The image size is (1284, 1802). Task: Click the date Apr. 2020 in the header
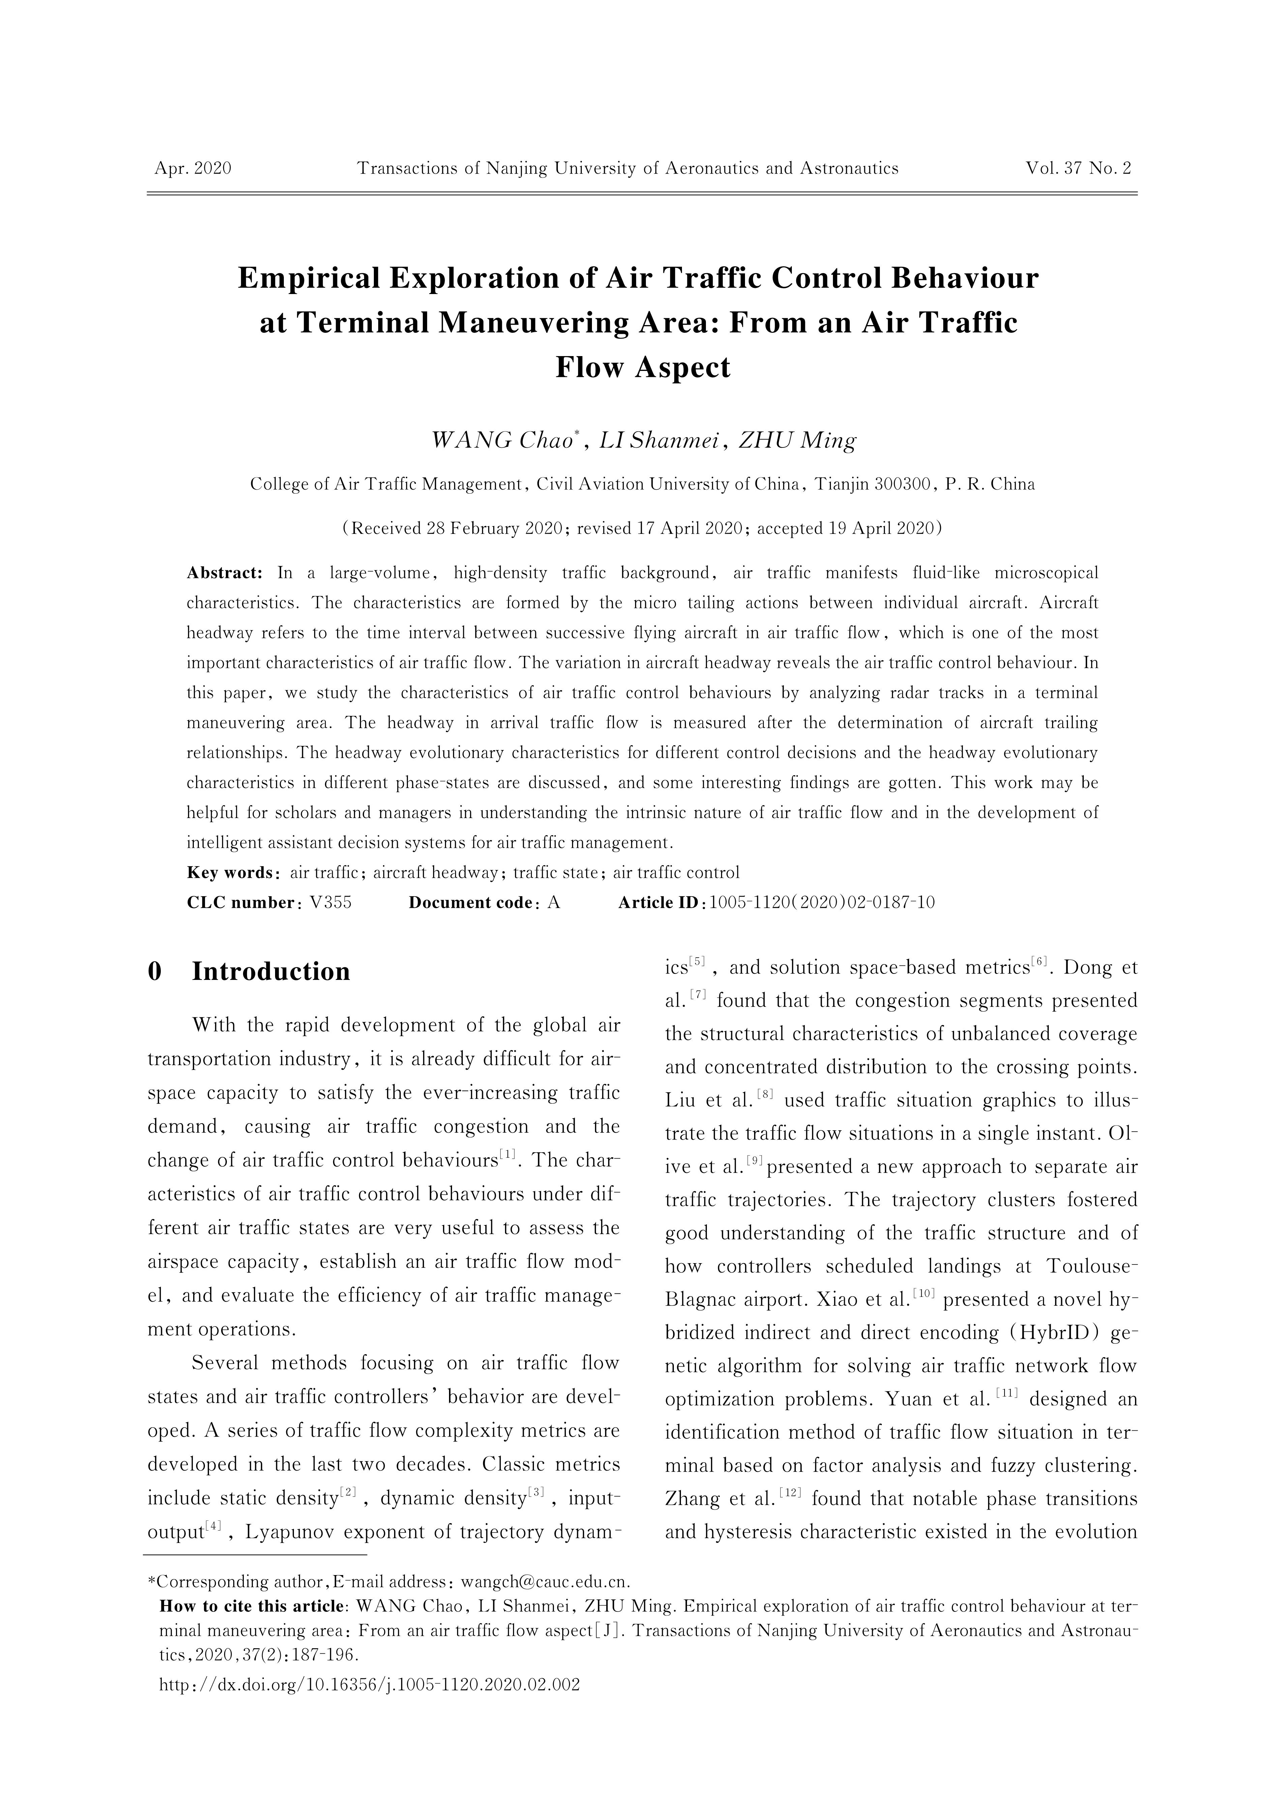[193, 168]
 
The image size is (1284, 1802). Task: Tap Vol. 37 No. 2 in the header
[1078, 168]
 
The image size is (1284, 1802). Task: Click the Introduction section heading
[270, 972]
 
